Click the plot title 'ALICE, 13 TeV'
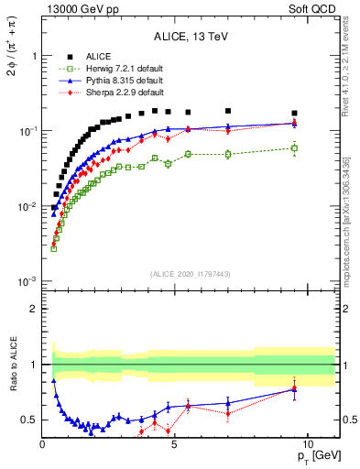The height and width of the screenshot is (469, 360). [x=191, y=38]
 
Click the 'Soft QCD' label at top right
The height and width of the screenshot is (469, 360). [x=315, y=8]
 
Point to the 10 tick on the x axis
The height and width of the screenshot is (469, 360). [x=307, y=444]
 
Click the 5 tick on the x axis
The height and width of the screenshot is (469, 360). [x=175, y=444]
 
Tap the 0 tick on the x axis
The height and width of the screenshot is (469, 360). [x=43, y=444]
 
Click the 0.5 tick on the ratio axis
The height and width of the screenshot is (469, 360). [x=30, y=420]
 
